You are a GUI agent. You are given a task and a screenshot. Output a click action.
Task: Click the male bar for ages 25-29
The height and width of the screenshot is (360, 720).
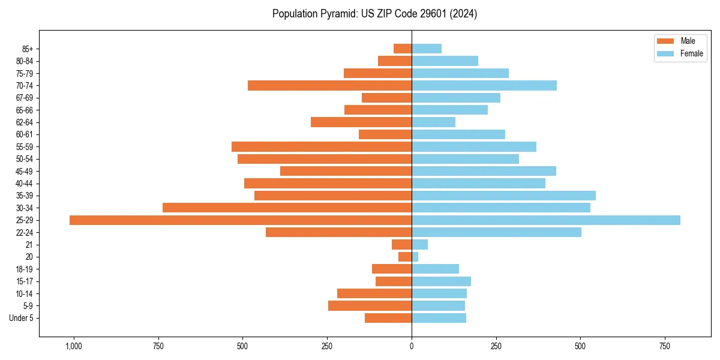(x=240, y=220)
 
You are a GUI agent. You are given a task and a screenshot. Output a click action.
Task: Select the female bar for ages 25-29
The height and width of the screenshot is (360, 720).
(x=546, y=220)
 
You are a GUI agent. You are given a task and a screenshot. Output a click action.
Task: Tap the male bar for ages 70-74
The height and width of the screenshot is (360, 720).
(x=329, y=86)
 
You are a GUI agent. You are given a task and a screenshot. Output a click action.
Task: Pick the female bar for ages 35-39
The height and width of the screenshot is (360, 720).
(x=503, y=196)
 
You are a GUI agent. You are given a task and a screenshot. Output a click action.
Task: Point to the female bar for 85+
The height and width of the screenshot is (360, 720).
(x=427, y=49)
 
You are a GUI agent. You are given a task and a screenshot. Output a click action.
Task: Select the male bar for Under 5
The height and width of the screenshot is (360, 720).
(x=388, y=318)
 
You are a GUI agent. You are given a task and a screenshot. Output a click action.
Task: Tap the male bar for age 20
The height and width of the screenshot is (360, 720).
(x=405, y=257)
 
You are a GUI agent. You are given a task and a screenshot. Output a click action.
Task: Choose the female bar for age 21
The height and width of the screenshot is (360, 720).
(x=419, y=245)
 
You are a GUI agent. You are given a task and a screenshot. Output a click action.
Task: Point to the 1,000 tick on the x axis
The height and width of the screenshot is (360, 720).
(x=74, y=347)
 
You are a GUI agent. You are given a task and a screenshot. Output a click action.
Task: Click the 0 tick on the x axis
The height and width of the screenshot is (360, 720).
(x=412, y=347)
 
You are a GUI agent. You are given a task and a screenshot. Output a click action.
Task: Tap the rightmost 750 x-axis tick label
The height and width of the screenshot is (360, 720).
(x=664, y=347)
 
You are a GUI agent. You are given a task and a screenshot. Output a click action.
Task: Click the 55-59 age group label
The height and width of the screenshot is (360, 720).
(x=25, y=147)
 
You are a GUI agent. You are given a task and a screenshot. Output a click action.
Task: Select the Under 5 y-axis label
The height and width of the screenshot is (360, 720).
(x=22, y=318)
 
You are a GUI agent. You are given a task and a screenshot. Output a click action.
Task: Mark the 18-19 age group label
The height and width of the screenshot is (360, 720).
(x=25, y=269)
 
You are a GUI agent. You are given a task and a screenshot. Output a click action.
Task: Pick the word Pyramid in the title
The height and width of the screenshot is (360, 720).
(x=338, y=14)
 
